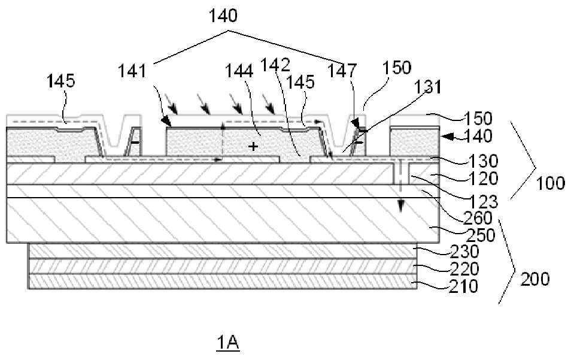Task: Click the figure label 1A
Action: click(x=227, y=343)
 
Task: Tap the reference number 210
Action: click(x=464, y=286)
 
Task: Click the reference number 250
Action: click(x=481, y=235)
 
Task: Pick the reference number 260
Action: click(x=478, y=218)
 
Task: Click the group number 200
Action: click(x=535, y=279)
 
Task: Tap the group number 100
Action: click(x=551, y=183)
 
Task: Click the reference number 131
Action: click(x=428, y=87)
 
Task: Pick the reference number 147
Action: click(x=342, y=70)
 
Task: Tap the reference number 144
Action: click(x=239, y=70)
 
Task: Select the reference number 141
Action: click(x=132, y=71)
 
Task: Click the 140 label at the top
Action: click(x=223, y=16)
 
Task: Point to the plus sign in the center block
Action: click(x=253, y=147)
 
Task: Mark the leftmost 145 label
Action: click(x=61, y=81)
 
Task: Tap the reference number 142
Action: click(x=275, y=65)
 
